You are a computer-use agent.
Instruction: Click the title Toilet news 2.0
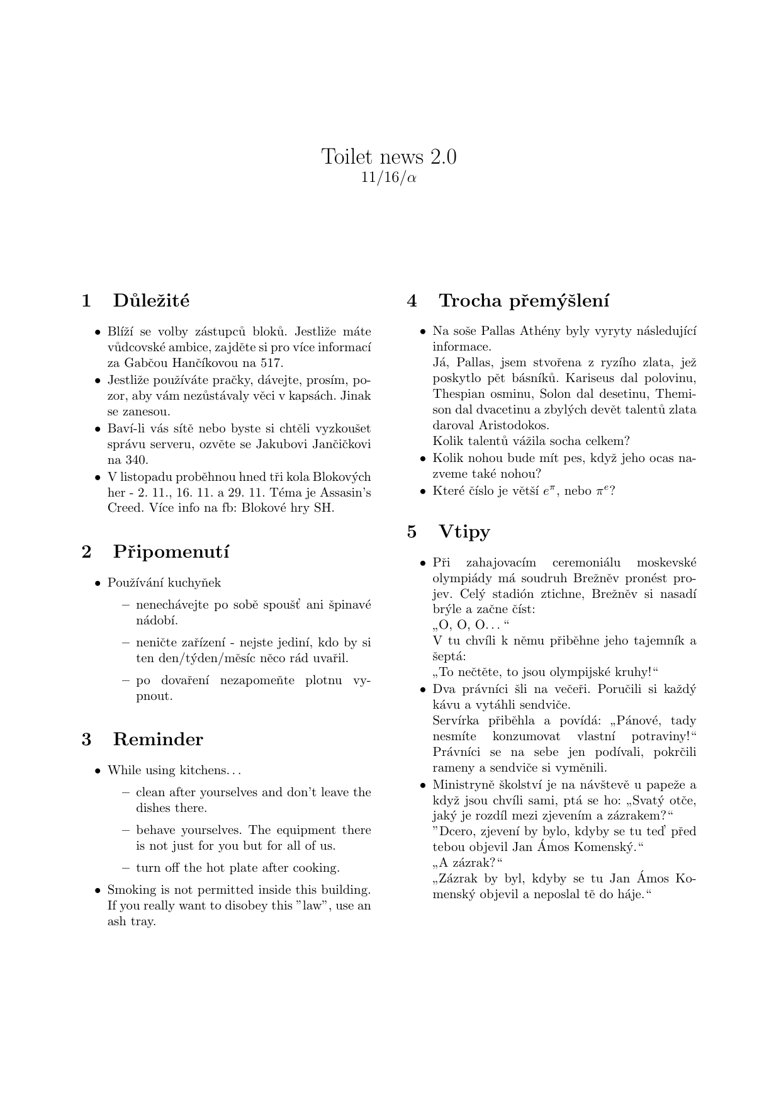click(x=389, y=156)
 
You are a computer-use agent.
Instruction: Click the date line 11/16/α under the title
click(x=389, y=178)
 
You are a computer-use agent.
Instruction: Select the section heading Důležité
click(x=151, y=301)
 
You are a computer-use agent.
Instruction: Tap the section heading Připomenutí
click(x=171, y=552)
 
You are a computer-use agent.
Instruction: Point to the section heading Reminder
click(x=158, y=740)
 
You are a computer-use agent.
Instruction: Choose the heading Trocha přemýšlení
click(x=524, y=301)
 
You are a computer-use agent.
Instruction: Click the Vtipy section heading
click(x=464, y=532)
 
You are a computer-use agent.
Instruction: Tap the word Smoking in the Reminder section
click(x=131, y=890)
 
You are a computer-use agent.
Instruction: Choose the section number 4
click(x=412, y=301)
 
